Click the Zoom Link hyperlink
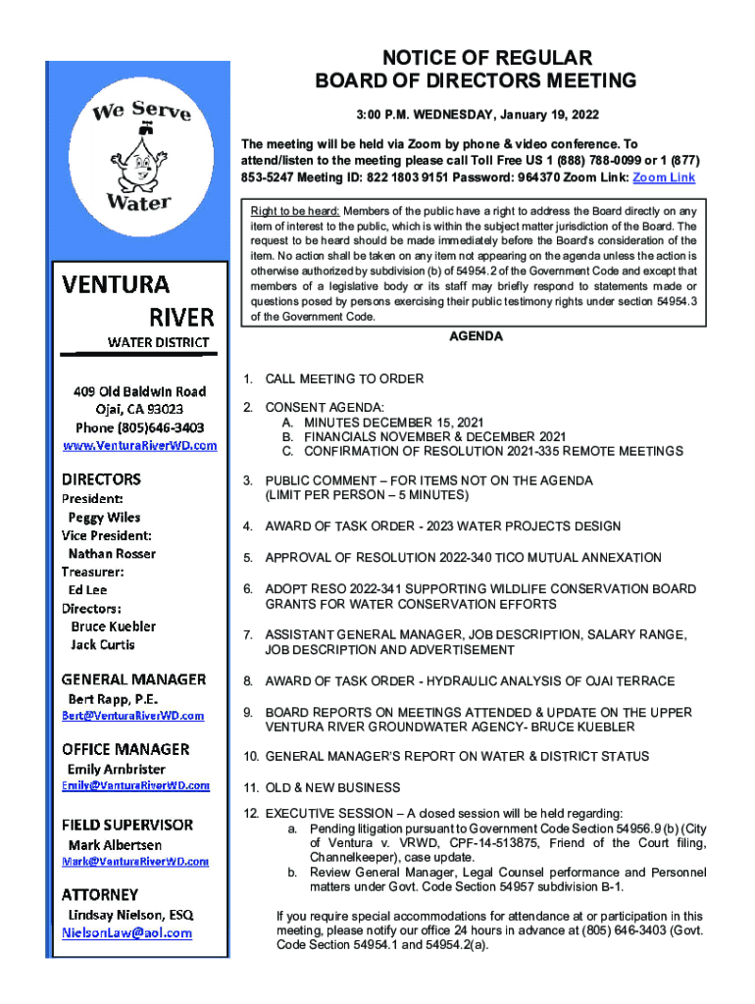pos(664,177)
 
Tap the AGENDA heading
pos(476,336)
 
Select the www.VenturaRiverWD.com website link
pos(139,445)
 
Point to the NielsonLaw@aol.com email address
pos(127,932)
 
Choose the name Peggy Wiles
pos(104,517)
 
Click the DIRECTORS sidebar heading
pos(101,479)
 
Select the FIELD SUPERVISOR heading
pos(127,825)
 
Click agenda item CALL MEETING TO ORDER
pos(344,378)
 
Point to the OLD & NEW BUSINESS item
pos(332,787)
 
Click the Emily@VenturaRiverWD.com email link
pos(136,785)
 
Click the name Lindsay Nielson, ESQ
pos(130,914)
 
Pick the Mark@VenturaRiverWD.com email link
pos(135,861)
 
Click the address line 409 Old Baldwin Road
pos(139,391)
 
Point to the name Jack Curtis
pos(103,644)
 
